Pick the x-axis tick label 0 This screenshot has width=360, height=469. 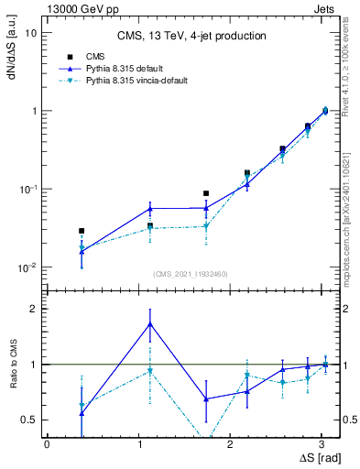point(47,444)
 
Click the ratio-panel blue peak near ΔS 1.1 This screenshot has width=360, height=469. point(150,323)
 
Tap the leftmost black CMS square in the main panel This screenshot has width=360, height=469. point(82,231)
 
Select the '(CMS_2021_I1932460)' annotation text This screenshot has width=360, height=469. point(191,274)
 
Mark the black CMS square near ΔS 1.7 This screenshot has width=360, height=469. point(206,193)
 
